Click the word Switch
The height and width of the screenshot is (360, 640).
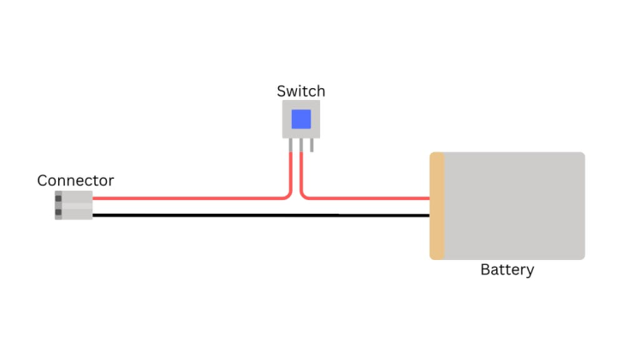click(x=300, y=91)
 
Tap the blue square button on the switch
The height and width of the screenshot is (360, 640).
click(x=301, y=119)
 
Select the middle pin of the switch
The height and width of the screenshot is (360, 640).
click(x=301, y=145)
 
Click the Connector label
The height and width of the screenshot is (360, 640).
click(x=75, y=180)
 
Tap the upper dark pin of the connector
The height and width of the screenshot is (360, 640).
click(x=59, y=199)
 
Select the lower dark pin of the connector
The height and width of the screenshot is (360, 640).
click(x=59, y=212)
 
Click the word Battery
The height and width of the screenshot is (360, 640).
click(x=507, y=270)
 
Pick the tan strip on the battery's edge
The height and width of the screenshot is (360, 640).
click(x=436, y=206)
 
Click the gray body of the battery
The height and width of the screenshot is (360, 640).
click(x=513, y=206)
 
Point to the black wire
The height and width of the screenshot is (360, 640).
click(x=257, y=215)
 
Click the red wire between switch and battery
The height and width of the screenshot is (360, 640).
click(x=368, y=198)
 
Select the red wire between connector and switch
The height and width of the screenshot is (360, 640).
click(x=188, y=198)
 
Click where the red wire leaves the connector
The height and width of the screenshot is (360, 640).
click(x=95, y=198)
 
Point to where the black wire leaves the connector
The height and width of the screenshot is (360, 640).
click(x=95, y=215)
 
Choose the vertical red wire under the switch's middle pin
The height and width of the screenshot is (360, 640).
click(x=301, y=171)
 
